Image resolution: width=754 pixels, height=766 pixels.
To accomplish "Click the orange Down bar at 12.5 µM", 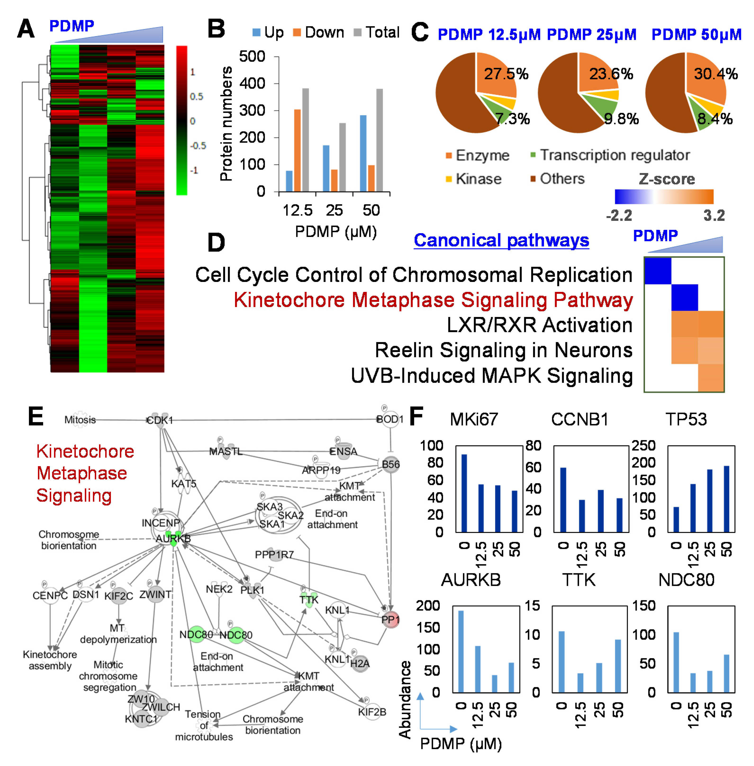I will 297,150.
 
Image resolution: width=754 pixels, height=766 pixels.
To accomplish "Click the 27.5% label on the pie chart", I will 506,74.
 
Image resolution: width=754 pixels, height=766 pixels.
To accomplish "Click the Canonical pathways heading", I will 501,240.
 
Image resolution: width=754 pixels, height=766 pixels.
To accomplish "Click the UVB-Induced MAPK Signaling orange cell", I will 711,377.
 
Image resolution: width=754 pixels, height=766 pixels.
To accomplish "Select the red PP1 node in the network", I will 390,620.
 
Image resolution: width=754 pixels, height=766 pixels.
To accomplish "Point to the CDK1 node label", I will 160,420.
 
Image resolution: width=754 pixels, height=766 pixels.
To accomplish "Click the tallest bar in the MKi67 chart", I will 464,493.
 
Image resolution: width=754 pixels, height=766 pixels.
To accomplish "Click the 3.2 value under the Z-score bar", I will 714,216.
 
